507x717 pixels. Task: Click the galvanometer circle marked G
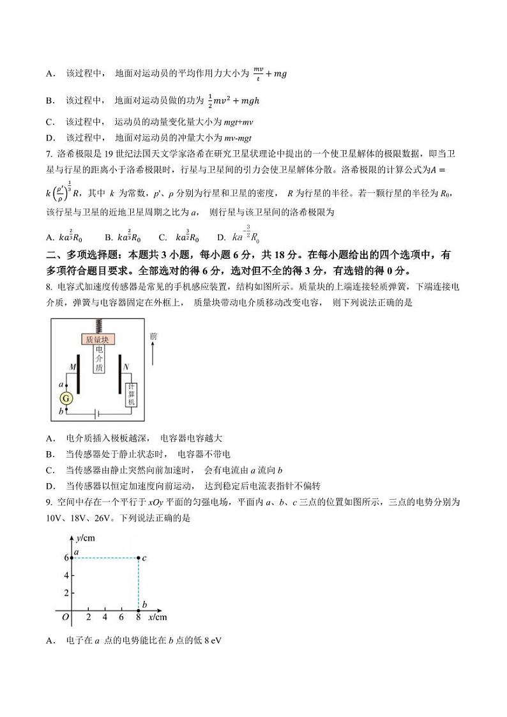pos(66,397)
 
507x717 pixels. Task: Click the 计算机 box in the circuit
pos(132,395)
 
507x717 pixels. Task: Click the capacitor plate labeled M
pos(78,380)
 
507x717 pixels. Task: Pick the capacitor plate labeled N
pos(119,380)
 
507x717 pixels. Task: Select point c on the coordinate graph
pos(139,558)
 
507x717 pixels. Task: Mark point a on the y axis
pos(72,558)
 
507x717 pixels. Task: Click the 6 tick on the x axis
pos(121,617)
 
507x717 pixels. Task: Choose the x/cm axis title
pos(157,617)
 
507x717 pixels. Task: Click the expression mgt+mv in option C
pos(238,121)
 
